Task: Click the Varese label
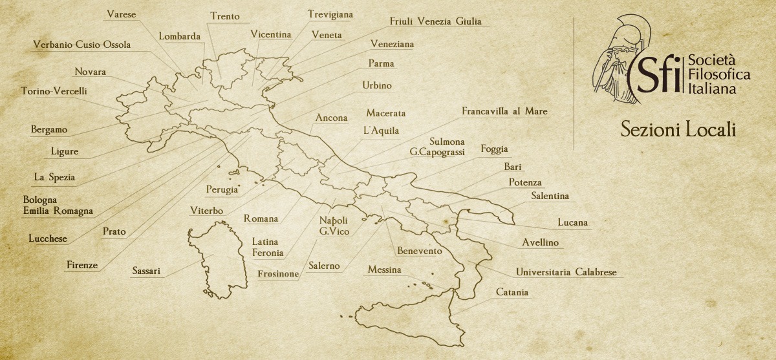[x=121, y=14]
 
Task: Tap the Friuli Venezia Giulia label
[x=435, y=21]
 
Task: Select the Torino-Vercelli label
[x=54, y=91]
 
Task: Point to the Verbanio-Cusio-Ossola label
[x=82, y=45]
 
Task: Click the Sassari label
[x=146, y=271]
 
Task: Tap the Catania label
[x=512, y=293]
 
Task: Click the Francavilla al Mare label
[x=504, y=111]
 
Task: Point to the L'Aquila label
[x=382, y=131]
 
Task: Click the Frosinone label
[x=278, y=274]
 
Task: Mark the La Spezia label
[x=54, y=177]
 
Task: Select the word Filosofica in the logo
[x=719, y=75]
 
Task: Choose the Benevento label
[x=420, y=251]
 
